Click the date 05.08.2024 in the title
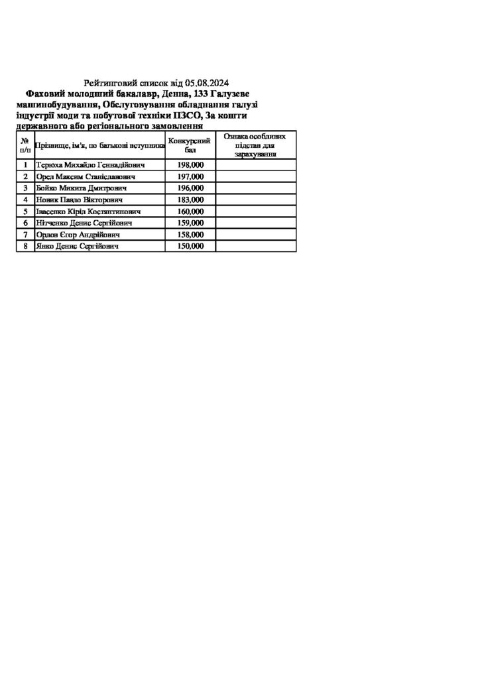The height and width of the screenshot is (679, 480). point(207,84)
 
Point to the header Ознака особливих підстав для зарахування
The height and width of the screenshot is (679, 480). point(255,145)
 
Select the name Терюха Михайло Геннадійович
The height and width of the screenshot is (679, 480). point(90,165)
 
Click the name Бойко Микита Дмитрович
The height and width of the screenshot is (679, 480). point(82,188)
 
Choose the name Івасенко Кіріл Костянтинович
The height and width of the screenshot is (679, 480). point(88,212)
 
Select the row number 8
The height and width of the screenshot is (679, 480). point(25,246)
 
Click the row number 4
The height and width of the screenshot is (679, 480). point(25,200)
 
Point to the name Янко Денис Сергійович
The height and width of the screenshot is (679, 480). point(77,246)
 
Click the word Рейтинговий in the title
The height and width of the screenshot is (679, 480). point(110,84)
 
